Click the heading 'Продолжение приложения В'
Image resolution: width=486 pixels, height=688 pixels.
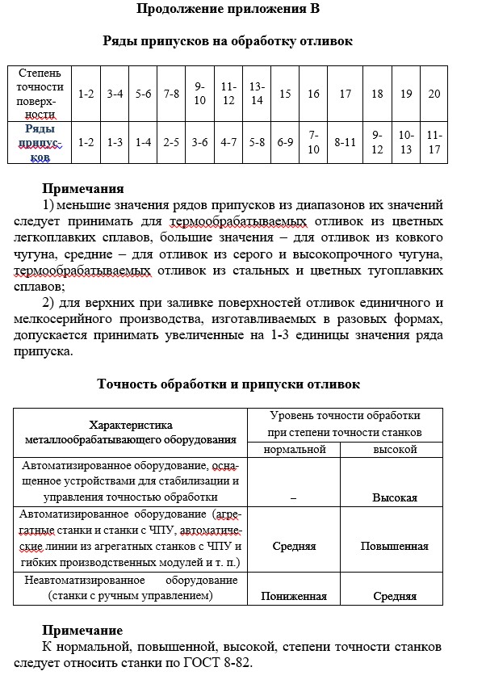(x=228, y=10)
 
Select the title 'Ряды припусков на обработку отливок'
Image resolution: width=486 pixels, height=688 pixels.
(x=228, y=40)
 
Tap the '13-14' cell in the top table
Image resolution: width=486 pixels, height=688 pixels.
(x=257, y=94)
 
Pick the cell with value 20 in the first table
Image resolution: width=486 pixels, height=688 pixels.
(x=434, y=94)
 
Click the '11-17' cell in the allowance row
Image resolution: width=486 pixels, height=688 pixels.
(x=434, y=142)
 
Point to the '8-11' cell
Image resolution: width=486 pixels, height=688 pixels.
(x=346, y=142)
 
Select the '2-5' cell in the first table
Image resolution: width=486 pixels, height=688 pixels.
(x=171, y=142)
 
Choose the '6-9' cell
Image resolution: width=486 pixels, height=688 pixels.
(x=285, y=142)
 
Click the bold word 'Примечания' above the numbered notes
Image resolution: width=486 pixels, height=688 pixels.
(x=83, y=190)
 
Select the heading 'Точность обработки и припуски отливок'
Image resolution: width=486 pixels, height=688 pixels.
(x=228, y=384)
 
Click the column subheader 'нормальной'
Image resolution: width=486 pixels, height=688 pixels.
(x=294, y=447)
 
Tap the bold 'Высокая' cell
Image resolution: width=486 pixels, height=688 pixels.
(x=394, y=497)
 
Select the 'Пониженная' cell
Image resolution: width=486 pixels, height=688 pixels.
(x=294, y=596)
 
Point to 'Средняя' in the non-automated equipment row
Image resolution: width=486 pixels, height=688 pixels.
(x=394, y=596)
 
